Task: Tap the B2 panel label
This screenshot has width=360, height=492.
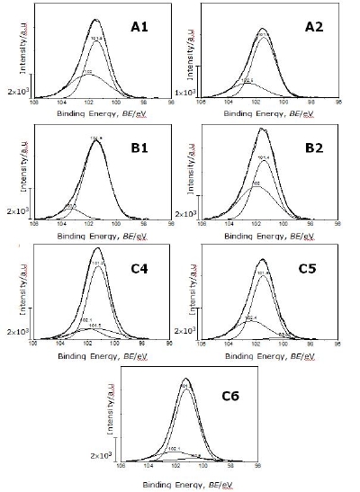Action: [x=312, y=148]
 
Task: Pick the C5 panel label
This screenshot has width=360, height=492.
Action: [x=312, y=268]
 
